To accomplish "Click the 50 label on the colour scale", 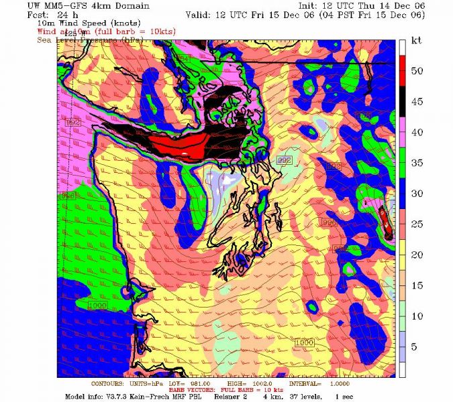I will point(417,71).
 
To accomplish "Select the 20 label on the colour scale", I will point(417,255).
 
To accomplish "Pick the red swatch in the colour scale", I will point(403,70).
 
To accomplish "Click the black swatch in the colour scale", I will point(403,102).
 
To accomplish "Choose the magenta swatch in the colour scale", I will point(403,132).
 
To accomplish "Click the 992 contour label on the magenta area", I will point(74,122).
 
